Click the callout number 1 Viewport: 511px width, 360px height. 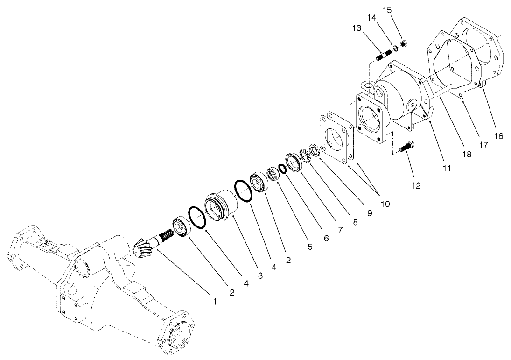(x=215, y=302)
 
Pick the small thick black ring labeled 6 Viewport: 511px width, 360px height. (x=282, y=168)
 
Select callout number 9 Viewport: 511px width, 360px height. (x=370, y=213)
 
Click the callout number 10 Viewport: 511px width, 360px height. (x=385, y=204)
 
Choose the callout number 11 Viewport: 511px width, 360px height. (x=447, y=167)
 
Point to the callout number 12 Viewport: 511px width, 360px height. (x=416, y=185)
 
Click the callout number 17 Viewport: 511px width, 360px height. (x=483, y=145)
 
